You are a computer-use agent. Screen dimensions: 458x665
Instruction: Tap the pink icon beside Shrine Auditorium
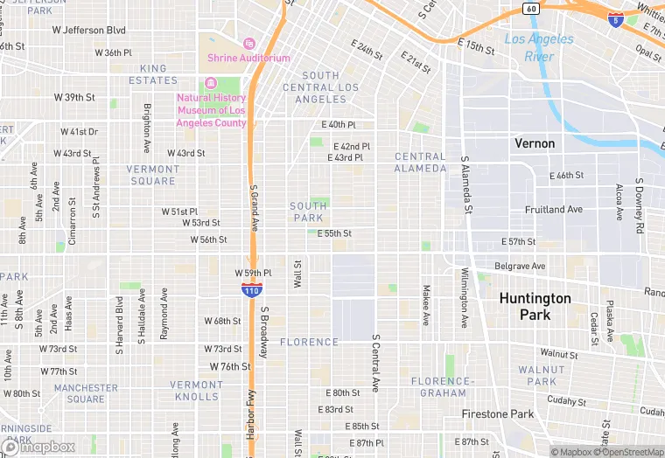(x=248, y=43)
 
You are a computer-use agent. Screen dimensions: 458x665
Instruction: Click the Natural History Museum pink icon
(x=210, y=83)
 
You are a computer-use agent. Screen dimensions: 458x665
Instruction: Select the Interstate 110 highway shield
(x=252, y=289)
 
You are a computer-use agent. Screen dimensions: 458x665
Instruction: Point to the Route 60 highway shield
(x=530, y=8)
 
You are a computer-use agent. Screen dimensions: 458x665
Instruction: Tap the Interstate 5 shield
(x=617, y=19)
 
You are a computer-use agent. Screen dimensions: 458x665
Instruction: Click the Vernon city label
(x=535, y=143)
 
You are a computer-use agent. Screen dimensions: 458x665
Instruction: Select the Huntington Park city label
(x=535, y=306)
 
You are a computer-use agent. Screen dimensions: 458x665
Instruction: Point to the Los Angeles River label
(x=539, y=47)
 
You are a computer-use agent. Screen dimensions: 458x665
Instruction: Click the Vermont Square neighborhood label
(x=153, y=175)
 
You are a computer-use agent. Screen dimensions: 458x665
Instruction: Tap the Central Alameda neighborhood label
(x=420, y=163)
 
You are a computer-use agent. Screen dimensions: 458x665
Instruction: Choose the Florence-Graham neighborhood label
(x=442, y=387)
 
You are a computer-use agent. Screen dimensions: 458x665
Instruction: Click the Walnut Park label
(x=542, y=376)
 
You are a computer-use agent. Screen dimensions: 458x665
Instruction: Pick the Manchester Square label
(x=86, y=393)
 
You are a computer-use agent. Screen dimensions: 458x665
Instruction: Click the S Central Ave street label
(x=376, y=362)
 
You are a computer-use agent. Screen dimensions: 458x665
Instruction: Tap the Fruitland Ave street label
(x=553, y=210)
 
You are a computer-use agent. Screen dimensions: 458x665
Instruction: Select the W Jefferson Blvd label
(x=89, y=30)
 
